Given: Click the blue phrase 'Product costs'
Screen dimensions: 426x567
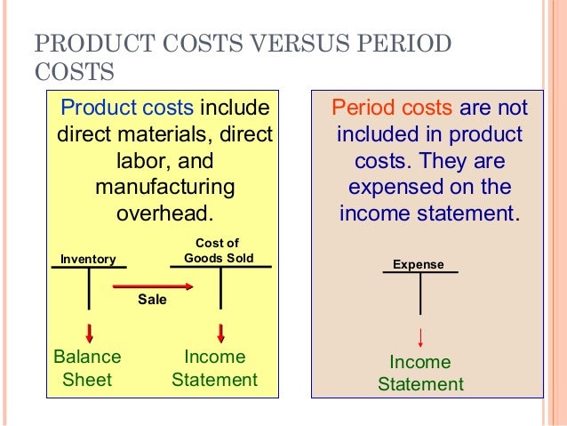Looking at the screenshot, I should (x=126, y=109).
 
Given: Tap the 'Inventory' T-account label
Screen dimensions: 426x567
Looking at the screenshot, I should (x=88, y=259).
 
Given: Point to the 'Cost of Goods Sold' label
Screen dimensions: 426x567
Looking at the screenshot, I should (x=219, y=251).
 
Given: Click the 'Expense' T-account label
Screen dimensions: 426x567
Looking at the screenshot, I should (x=419, y=264).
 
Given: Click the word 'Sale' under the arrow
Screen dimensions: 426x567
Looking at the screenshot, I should (x=152, y=301).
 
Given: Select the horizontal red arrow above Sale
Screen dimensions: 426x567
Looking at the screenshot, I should (x=153, y=286).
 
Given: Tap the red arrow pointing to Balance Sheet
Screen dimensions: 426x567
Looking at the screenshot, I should (x=89, y=334).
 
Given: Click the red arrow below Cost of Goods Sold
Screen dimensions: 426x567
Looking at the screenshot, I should (x=220, y=334).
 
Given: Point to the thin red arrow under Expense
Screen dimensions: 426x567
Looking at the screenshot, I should (x=420, y=338).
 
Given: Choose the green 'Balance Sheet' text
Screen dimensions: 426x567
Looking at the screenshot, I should (x=87, y=368).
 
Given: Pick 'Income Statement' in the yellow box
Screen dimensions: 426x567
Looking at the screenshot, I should (x=214, y=368).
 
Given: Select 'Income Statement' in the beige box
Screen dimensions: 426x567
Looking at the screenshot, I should (x=420, y=374).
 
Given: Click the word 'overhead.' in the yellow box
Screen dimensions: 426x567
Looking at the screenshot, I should (x=165, y=214).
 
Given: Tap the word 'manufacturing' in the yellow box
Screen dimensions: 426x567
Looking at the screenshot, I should (x=164, y=189).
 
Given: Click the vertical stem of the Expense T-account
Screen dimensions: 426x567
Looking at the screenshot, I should (x=420, y=293).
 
